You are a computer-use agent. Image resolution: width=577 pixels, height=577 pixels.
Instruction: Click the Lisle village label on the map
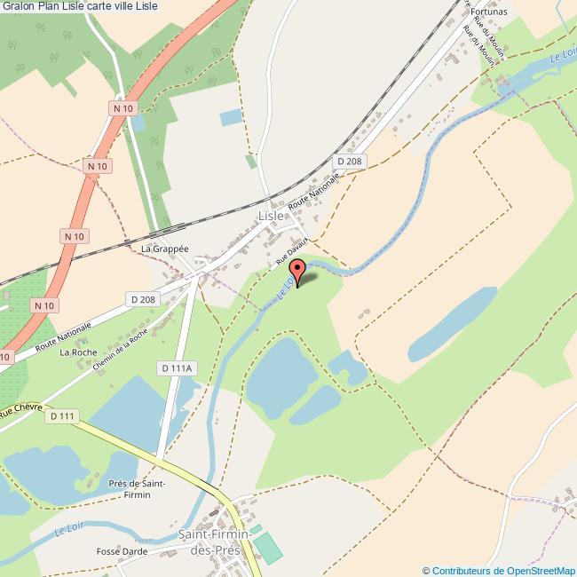pyautogui.click(x=272, y=216)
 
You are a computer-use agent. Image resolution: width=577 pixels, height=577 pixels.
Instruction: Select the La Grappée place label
pyautogui.click(x=165, y=249)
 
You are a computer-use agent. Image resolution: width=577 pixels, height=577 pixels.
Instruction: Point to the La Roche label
pyautogui.click(x=77, y=352)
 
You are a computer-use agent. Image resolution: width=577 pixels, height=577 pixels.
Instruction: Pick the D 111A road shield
pyautogui.click(x=178, y=368)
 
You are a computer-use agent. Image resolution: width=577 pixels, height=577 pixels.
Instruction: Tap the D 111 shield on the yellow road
pyautogui.click(x=63, y=415)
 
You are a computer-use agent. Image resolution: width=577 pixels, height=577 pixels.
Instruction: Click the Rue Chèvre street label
pyautogui.click(x=20, y=412)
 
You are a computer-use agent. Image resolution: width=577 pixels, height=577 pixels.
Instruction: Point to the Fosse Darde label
pyautogui.click(x=122, y=552)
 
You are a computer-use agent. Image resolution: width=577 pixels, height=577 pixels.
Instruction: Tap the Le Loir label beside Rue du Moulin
pyautogui.click(x=562, y=55)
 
